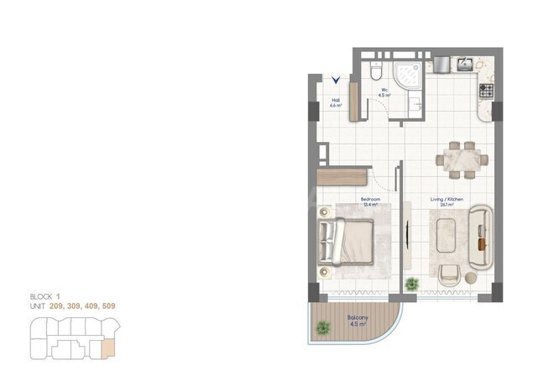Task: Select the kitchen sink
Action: tap(463, 64)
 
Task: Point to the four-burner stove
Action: tap(486, 88)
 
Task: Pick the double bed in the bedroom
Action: tap(346, 240)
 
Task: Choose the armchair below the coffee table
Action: tap(448, 274)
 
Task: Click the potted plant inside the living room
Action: tap(410, 284)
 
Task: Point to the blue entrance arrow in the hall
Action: tap(336, 81)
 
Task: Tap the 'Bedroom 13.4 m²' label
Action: tap(371, 202)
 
